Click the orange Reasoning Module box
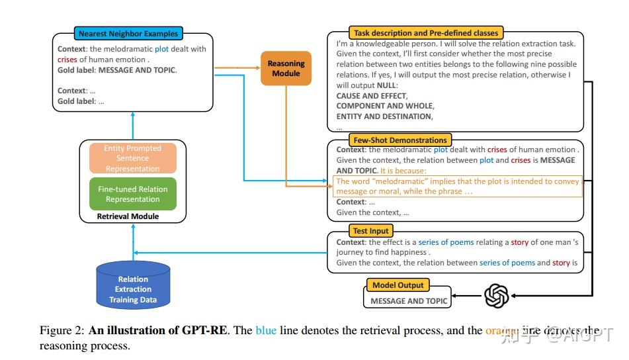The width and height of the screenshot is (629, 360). point(286,68)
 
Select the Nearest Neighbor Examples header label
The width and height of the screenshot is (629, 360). point(129,33)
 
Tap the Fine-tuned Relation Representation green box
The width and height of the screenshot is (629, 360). point(133,194)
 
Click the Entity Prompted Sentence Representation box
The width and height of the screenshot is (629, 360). point(133,159)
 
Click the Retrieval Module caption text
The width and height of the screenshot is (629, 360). point(128,216)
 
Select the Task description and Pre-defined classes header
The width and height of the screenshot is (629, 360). point(426,32)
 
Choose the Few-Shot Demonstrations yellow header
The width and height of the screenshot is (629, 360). point(400,140)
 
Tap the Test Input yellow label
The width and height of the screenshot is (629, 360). point(372,231)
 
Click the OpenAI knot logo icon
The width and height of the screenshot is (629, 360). point(496,296)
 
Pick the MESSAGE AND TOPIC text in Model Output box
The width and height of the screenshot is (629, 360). point(408,301)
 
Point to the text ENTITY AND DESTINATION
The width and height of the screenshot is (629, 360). point(384,116)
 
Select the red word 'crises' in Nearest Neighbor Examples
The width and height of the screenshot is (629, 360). point(67,59)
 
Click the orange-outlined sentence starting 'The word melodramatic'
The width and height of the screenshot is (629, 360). point(456,186)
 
